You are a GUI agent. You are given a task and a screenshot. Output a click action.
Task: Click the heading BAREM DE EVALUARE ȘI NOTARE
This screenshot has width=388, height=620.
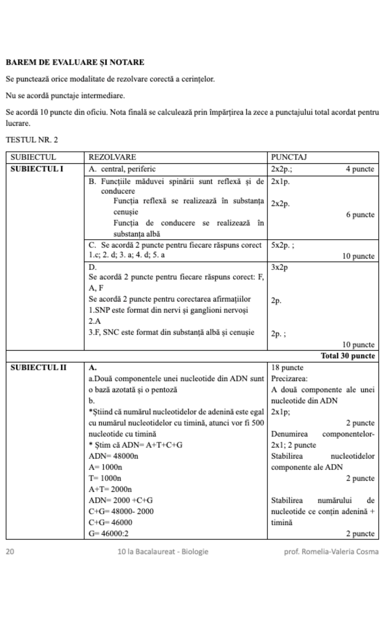pyautogui.click(x=75, y=62)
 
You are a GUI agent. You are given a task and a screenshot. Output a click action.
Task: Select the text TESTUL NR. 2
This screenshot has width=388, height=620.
pyautogui.click(x=32, y=140)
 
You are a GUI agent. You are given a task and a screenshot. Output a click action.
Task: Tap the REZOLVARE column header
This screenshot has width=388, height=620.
pyautogui.click(x=112, y=157)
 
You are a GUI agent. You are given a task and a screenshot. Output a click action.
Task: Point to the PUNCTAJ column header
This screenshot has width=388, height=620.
pyautogui.click(x=289, y=157)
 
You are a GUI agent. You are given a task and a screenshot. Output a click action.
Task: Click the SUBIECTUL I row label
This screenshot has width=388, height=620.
pyautogui.click(x=37, y=169)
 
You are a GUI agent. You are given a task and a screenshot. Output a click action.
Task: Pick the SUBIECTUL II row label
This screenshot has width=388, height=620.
pyautogui.click(x=38, y=367)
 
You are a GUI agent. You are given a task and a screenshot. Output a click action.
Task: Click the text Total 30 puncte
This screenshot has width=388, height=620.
pyautogui.click(x=348, y=356)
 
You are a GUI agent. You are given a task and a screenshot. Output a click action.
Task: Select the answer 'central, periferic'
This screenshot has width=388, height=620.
pyautogui.click(x=128, y=169)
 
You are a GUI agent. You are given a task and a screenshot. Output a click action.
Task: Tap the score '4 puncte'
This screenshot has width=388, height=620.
pyautogui.click(x=360, y=169)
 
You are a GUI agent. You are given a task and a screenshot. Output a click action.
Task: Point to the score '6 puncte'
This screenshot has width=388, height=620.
pyautogui.click(x=360, y=214)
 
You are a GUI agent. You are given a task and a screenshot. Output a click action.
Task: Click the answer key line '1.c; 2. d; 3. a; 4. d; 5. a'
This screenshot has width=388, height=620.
pyautogui.click(x=127, y=255)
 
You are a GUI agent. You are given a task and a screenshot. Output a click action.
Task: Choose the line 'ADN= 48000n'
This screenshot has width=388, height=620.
pyautogui.click(x=113, y=456)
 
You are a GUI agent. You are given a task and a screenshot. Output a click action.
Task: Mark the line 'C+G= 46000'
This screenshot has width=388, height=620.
pyautogui.click(x=110, y=522)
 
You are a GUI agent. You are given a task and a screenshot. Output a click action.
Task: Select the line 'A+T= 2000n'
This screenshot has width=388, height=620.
pyautogui.click(x=110, y=489)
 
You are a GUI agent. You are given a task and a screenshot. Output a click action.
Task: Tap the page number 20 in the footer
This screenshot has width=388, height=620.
pyautogui.click(x=10, y=551)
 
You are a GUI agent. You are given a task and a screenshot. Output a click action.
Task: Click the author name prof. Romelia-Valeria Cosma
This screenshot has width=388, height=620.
pyautogui.click(x=331, y=551)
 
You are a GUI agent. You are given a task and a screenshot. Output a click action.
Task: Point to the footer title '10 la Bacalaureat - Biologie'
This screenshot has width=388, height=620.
pyautogui.click(x=163, y=551)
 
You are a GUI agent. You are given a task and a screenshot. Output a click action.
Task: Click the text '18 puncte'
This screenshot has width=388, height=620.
pyautogui.click(x=287, y=367)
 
